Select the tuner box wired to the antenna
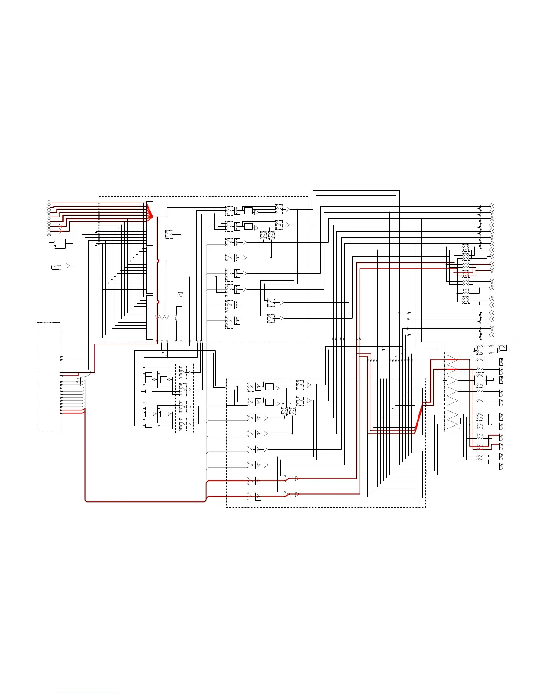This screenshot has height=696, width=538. [59, 243]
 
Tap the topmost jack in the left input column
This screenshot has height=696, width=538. [49, 203]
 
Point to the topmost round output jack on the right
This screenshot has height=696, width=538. [492, 206]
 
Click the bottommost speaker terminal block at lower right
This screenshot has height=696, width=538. [502, 466]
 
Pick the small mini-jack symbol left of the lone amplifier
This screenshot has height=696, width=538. [54, 267]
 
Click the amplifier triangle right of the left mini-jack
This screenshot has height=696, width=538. [68, 265]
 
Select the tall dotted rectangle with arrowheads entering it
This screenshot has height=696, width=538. [48, 377]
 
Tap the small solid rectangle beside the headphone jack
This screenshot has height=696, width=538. [516, 345]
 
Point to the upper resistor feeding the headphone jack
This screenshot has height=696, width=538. [491, 346]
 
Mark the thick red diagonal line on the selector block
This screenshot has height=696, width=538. [419, 418]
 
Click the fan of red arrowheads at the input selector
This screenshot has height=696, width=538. [149, 215]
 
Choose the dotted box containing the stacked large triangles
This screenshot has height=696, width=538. [452, 392]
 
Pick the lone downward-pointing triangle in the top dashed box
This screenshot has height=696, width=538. [181, 294]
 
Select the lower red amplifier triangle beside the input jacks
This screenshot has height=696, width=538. [61, 231]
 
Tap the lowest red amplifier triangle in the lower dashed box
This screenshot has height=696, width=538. [297, 494]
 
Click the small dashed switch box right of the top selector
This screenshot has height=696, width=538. [169, 234]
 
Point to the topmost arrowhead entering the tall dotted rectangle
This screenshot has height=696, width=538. [62, 357]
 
